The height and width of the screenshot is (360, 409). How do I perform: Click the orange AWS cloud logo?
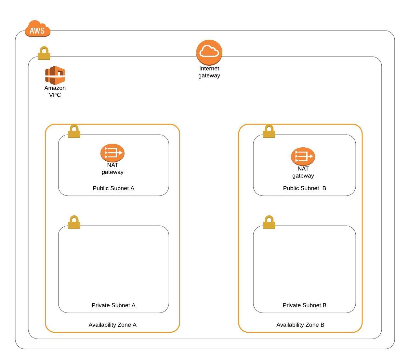coord(38,29)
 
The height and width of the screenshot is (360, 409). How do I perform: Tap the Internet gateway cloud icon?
coord(209,52)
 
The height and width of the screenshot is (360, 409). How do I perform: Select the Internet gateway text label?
coord(209,72)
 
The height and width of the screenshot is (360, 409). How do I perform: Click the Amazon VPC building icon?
coord(55,75)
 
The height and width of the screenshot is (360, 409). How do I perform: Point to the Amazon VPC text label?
coord(55,91)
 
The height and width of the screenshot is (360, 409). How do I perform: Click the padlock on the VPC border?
coord(44,53)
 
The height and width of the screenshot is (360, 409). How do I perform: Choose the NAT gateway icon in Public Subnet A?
coord(112,153)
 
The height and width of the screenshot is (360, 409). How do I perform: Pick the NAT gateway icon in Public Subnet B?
coord(303,156)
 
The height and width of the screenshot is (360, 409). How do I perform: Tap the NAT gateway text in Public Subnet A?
coord(112,168)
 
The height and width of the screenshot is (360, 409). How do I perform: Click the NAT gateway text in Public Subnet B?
coord(303,172)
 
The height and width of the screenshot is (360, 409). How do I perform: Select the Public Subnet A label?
coord(113,188)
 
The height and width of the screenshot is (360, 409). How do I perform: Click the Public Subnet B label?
coord(304,188)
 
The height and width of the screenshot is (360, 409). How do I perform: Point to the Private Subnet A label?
coord(113,305)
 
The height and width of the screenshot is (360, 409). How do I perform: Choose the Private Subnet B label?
coord(304,305)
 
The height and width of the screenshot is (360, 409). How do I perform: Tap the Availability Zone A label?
coord(112,325)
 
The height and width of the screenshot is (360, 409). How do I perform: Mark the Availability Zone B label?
coord(300,325)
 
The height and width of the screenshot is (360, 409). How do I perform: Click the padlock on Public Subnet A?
coord(74,131)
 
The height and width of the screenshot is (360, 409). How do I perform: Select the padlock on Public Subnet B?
coord(269,131)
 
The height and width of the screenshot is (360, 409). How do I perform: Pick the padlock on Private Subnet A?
coord(74,222)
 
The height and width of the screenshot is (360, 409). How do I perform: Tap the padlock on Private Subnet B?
coord(269,222)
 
